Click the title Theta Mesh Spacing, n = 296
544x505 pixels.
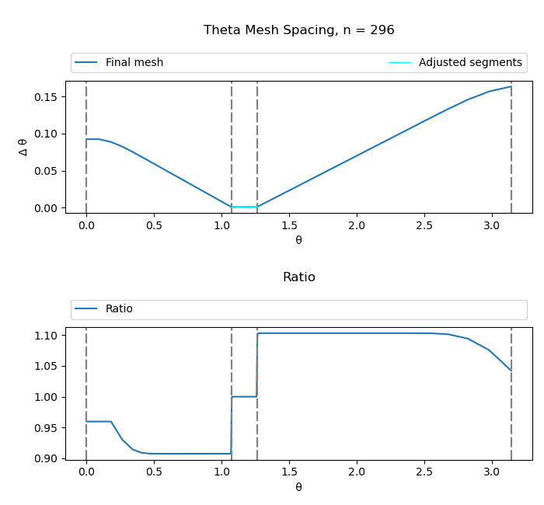pos(298,30)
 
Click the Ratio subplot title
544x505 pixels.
pos(298,277)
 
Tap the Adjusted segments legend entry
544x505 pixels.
pos(469,63)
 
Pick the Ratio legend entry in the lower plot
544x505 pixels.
pos(119,309)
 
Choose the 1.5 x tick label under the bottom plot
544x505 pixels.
pos(288,472)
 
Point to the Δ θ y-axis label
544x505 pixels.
pos(23,147)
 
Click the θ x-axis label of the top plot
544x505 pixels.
pos(298,240)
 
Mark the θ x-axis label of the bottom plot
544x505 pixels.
pos(298,487)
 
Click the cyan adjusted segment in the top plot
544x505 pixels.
pos(244,207)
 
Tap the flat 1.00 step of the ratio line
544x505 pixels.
pos(244,397)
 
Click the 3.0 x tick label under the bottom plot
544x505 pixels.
pos(491,472)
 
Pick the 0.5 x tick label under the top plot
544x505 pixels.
pos(154,225)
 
